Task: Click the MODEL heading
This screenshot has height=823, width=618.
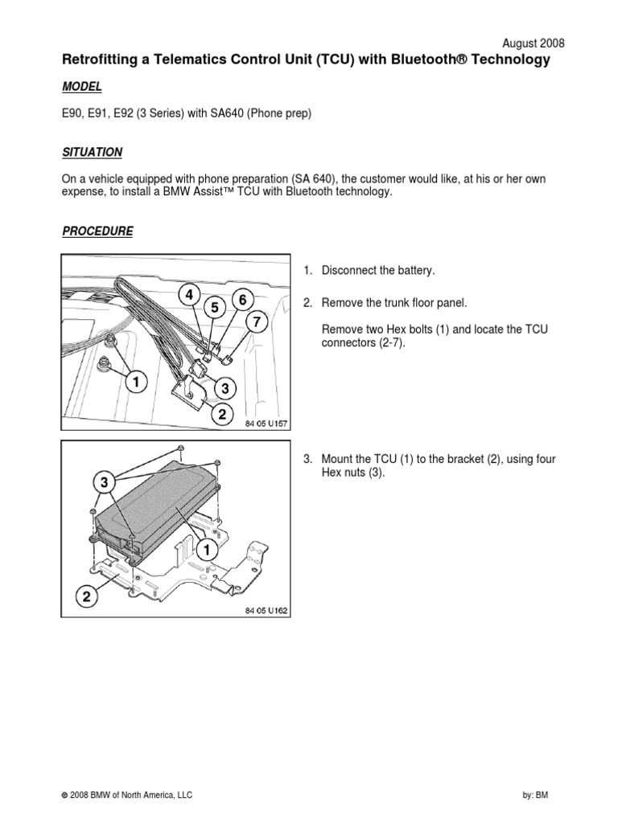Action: pyautogui.click(x=82, y=87)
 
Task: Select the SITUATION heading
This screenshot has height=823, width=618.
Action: pyautogui.click(x=92, y=152)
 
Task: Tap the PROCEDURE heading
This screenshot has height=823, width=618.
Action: pyautogui.click(x=97, y=231)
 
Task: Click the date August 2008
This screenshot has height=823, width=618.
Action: pyautogui.click(x=533, y=43)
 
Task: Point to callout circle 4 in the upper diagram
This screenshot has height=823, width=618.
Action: pyautogui.click(x=189, y=295)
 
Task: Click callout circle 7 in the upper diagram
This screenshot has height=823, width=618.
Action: pyautogui.click(x=257, y=321)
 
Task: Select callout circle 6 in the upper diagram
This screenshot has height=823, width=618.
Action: pyautogui.click(x=242, y=300)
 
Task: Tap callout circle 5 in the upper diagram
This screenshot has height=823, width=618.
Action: pyautogui.click(x=215, y=308)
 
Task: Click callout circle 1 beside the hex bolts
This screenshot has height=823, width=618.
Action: pyautogui.click(x=137, y=382)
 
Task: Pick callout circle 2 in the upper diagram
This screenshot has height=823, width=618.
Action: pyautogui.click(x=222, y=414)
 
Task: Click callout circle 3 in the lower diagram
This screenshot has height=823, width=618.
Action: pyautogui.click(x=104, y=482)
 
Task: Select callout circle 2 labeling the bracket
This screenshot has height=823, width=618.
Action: pyautogui.click(x=87, y=596)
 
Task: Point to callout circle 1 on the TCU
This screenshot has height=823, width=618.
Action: pyautogui.click(x=207, y=550)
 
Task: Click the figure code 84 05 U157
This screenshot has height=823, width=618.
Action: pyautogui.click(x=266, y=424)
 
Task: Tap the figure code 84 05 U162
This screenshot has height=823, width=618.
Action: pyautogui.click(x=266, y=611)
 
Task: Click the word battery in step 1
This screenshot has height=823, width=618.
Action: pyautogui.click(x=416, y=271)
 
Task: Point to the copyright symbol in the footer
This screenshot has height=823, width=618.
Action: pyautogui.click(x=64, y=796)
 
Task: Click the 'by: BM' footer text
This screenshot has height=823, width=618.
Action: pyautogui.click(x=535, y=795)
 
